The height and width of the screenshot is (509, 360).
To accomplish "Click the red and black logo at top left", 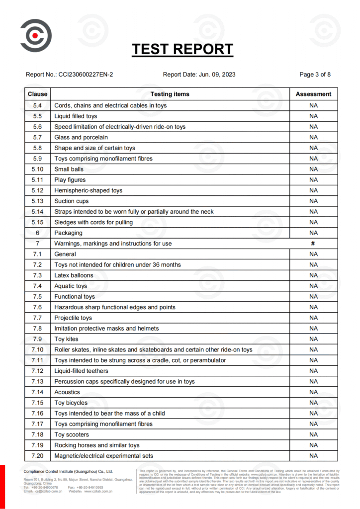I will click(x=36, y=35).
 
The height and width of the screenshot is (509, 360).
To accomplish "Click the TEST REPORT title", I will click(x=182, y=49).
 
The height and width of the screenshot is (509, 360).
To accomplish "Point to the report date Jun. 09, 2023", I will click(x=218, y=75).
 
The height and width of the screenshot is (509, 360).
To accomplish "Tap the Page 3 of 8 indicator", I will click(x=315, y=75).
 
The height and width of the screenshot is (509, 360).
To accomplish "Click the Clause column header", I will click(x=38, y=94).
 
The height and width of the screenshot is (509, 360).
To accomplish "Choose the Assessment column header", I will click(x=313, y=94).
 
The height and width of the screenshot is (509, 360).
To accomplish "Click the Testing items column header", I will click(x=170, y=94).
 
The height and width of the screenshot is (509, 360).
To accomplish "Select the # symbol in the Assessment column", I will click(x=313, y=244).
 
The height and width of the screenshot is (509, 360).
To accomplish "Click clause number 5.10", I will click(x=38, y=169).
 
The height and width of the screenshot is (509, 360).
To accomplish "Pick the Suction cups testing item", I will click(x=72, y=201).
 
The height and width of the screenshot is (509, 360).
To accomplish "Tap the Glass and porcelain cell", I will click(x=81, y=137).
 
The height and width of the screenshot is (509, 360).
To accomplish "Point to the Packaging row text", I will click(x=69, y=233).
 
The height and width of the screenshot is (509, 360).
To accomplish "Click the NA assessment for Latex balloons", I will click(x=313, y=275).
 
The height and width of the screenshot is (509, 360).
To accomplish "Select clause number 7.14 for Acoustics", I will click(x=38, y=392).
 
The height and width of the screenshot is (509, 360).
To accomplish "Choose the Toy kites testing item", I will click(x=67, y=339).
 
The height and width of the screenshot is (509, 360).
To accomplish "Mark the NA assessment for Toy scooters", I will click(x=313, y=434).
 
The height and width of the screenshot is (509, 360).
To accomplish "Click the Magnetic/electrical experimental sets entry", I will click(x=103, y=456).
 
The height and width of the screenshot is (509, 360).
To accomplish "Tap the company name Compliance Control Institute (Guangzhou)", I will click(x=69, y=471).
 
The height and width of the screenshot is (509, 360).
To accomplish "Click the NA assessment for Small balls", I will click(x=313, y=169).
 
